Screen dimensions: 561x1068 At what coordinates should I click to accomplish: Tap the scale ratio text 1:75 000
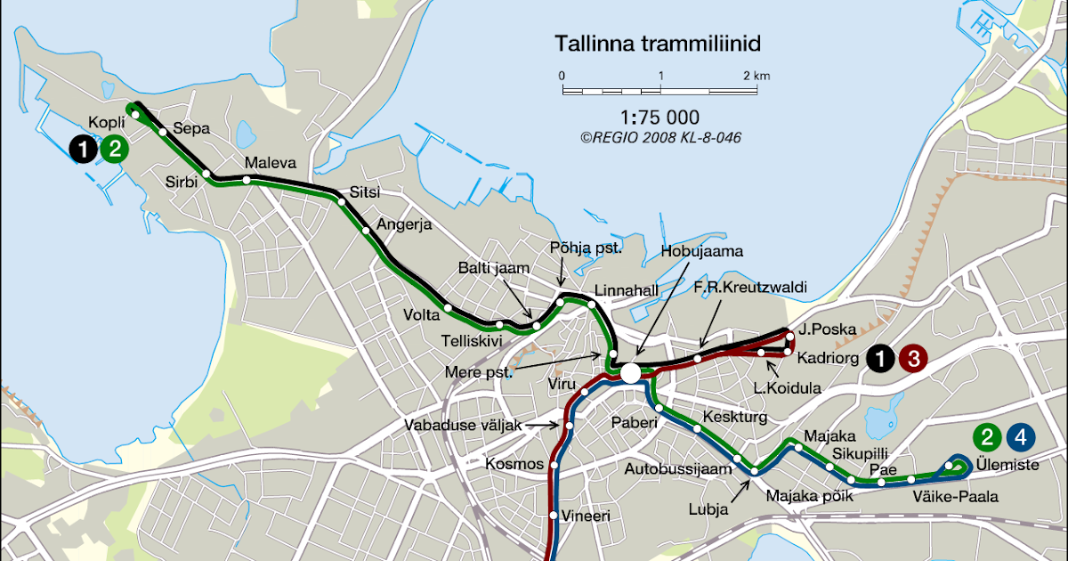[x=659, y=118]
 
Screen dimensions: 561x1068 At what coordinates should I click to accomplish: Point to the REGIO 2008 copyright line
[x=659, y=138]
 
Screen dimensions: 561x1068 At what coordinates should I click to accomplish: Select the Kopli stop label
[x=106, y=122]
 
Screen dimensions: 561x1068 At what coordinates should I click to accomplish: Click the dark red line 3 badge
[x=913, y=359]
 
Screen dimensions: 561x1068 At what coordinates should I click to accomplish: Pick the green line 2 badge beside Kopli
[x=114, y=149]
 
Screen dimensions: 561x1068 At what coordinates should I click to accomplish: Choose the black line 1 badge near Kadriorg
[x=881, y=359]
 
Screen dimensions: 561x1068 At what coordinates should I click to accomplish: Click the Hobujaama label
[x=701, y=251]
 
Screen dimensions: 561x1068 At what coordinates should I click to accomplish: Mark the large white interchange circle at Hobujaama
[x=630, y=372]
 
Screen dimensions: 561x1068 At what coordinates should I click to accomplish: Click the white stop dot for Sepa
[x=163, y=132]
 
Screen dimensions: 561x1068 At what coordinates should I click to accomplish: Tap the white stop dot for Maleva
[x=247, y=180]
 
